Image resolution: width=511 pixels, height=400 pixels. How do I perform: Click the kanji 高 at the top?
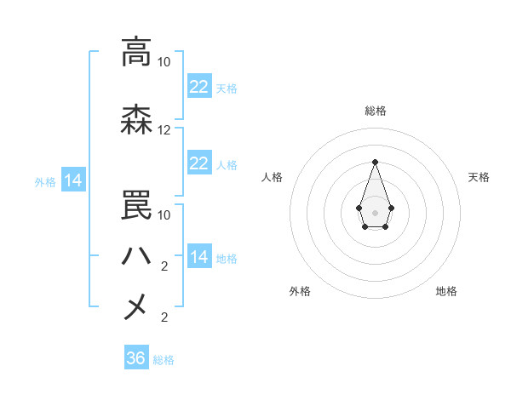(136, 53)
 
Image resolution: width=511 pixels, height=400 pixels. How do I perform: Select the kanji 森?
(136, 121)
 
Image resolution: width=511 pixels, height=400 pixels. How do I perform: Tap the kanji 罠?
(136, 204)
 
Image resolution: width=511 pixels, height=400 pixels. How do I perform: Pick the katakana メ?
(136, 306)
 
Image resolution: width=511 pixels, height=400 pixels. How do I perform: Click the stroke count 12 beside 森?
(164, 130)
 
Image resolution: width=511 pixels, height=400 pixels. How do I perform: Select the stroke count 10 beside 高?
(164, 62)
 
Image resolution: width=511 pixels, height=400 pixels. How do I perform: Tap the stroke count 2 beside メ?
(164, 317)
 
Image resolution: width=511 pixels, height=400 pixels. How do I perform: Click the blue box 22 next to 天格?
(199, 87)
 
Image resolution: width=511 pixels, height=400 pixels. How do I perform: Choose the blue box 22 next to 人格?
(199, 163)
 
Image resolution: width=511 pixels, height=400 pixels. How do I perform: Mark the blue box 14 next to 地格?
(199, 257)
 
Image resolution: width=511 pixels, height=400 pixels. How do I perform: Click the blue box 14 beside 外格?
(73, 180)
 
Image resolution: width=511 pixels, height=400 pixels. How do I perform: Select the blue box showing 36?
(136, 358)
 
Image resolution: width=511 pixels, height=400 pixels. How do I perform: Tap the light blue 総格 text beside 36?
(164, 360)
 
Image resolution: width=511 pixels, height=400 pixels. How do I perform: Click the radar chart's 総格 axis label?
(375, 111)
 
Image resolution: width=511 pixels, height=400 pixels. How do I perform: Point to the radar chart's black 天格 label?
(479, 177)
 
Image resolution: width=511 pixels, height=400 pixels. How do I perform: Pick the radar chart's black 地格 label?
(446, 292)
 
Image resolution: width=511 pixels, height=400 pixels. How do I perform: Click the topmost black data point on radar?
(375, 161)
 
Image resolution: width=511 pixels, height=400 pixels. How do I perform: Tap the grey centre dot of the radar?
(375, 211)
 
